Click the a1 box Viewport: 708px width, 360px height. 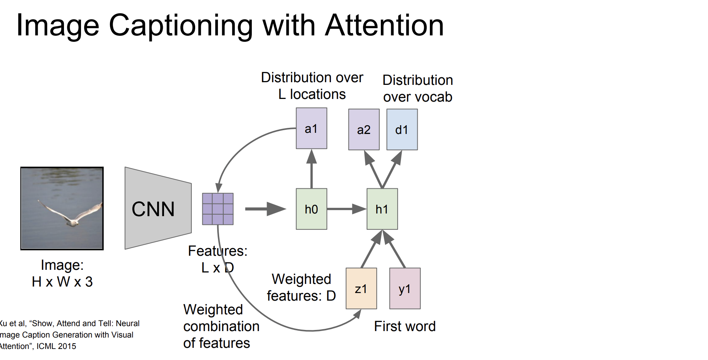tap(312, 128)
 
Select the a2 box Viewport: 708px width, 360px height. tap(364, 129)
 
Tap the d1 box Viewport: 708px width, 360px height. tap(402, 129)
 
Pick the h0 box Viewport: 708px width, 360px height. tap(312, 209)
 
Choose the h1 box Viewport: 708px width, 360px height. tap(382, 209)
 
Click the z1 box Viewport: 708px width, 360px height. tap(361, 288)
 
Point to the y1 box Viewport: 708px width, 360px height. tap(405, 288)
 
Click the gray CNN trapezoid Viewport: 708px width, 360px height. tap(158, 208)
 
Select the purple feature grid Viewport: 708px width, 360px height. tap(218, 209)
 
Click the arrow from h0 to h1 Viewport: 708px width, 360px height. tap(347, 209)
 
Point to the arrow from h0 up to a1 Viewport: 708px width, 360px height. tap(312, 169)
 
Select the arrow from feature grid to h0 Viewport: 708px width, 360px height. tap(266, 209)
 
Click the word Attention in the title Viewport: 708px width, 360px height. tap(385, 25)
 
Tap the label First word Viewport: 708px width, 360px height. tap(405, 326)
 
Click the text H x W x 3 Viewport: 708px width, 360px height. tap(62, 282)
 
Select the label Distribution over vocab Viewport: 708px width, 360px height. tap(418, 88)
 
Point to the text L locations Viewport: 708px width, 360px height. tap(312, 94)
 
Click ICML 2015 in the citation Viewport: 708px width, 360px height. tap(56, 346)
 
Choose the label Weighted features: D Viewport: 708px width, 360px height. tap(301, 287)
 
